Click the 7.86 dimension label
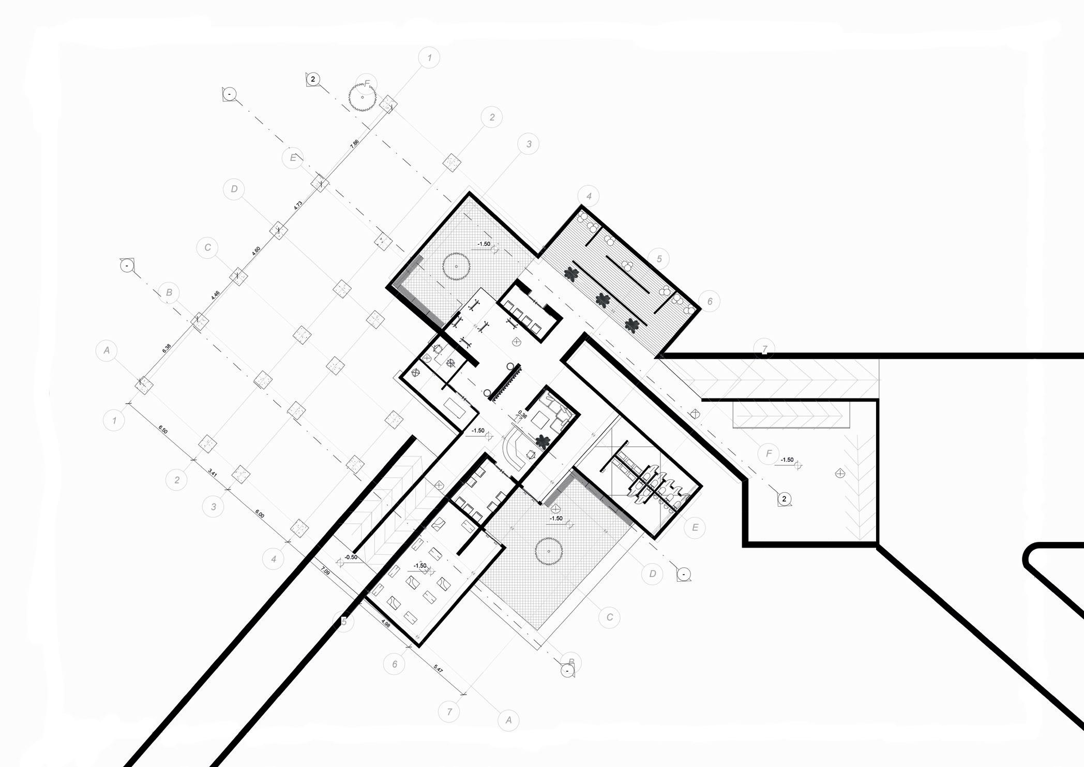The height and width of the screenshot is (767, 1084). (354, 144)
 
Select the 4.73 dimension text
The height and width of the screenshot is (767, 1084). (298, 205)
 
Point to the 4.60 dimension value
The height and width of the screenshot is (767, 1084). (256, 251)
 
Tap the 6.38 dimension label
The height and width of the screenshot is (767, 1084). (167, 348)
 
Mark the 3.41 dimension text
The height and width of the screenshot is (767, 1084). (213, 471)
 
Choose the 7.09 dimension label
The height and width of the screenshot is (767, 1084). (325, 571)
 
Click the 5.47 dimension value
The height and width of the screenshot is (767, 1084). (438, 669)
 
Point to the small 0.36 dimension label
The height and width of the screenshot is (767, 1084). (522, 415)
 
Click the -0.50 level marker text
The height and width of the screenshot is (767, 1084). (351, 557)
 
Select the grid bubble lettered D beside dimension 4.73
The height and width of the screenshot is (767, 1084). (234, 189)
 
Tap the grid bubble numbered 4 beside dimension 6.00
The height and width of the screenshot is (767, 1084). (273, 559)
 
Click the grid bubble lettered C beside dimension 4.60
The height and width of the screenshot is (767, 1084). (207, 247)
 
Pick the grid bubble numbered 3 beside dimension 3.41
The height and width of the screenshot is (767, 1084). (213, 507)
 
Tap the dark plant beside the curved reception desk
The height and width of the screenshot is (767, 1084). (542, 441)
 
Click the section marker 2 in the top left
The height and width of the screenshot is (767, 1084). (312, 79)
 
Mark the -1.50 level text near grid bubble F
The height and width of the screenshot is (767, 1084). (787, 460)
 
